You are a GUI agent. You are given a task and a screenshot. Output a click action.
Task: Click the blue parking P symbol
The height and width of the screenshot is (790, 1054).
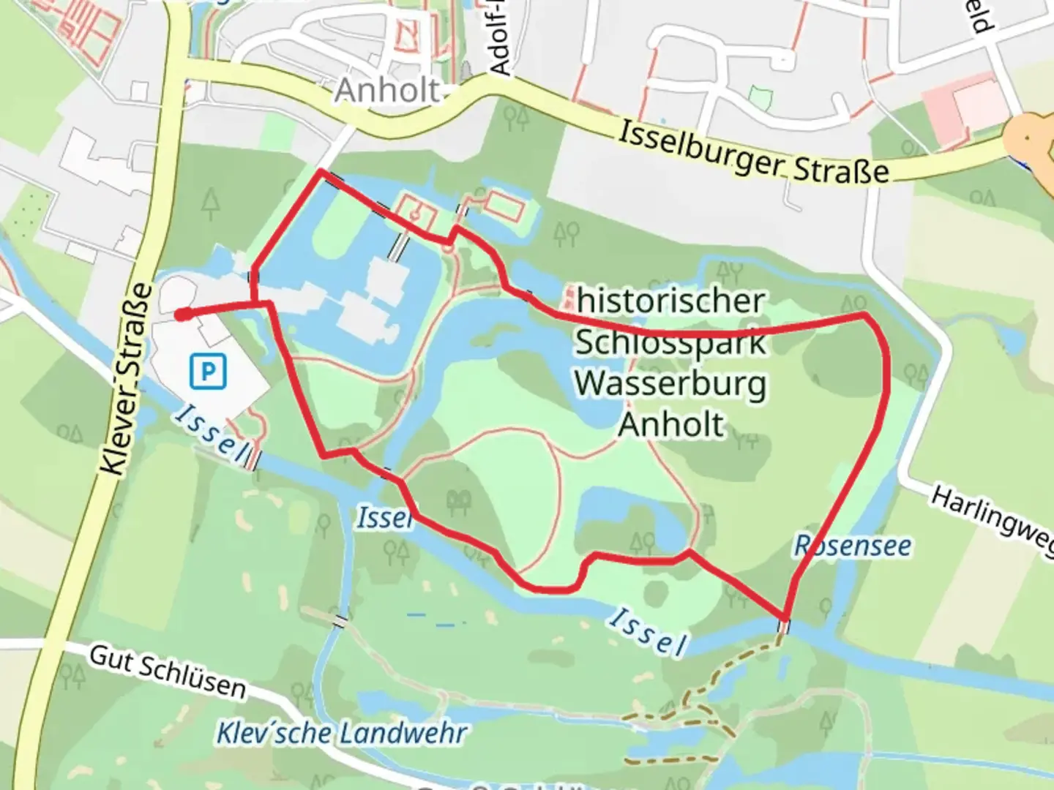tap(208, 372)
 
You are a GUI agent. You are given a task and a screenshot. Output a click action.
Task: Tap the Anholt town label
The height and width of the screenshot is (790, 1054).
tap(388, 91)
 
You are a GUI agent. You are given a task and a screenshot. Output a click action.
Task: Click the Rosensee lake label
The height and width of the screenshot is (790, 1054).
tap(853, 546)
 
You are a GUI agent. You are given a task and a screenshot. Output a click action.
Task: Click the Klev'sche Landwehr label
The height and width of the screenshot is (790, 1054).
tap(341, 732)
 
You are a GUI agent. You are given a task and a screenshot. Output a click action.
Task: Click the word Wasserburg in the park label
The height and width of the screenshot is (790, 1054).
tap(670, 383)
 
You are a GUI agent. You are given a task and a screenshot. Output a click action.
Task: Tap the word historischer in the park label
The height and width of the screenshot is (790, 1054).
tap(670, 301)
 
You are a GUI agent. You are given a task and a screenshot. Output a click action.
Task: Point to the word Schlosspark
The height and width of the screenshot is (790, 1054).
tap(670, 342)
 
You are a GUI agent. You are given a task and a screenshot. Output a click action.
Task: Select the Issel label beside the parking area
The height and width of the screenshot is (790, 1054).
tap(210, 434)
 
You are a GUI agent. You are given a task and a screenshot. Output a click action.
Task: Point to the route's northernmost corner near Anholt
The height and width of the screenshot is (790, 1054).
tap(321, 172)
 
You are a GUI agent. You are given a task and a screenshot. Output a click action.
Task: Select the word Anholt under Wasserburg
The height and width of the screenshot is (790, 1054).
tap(671, 424)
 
